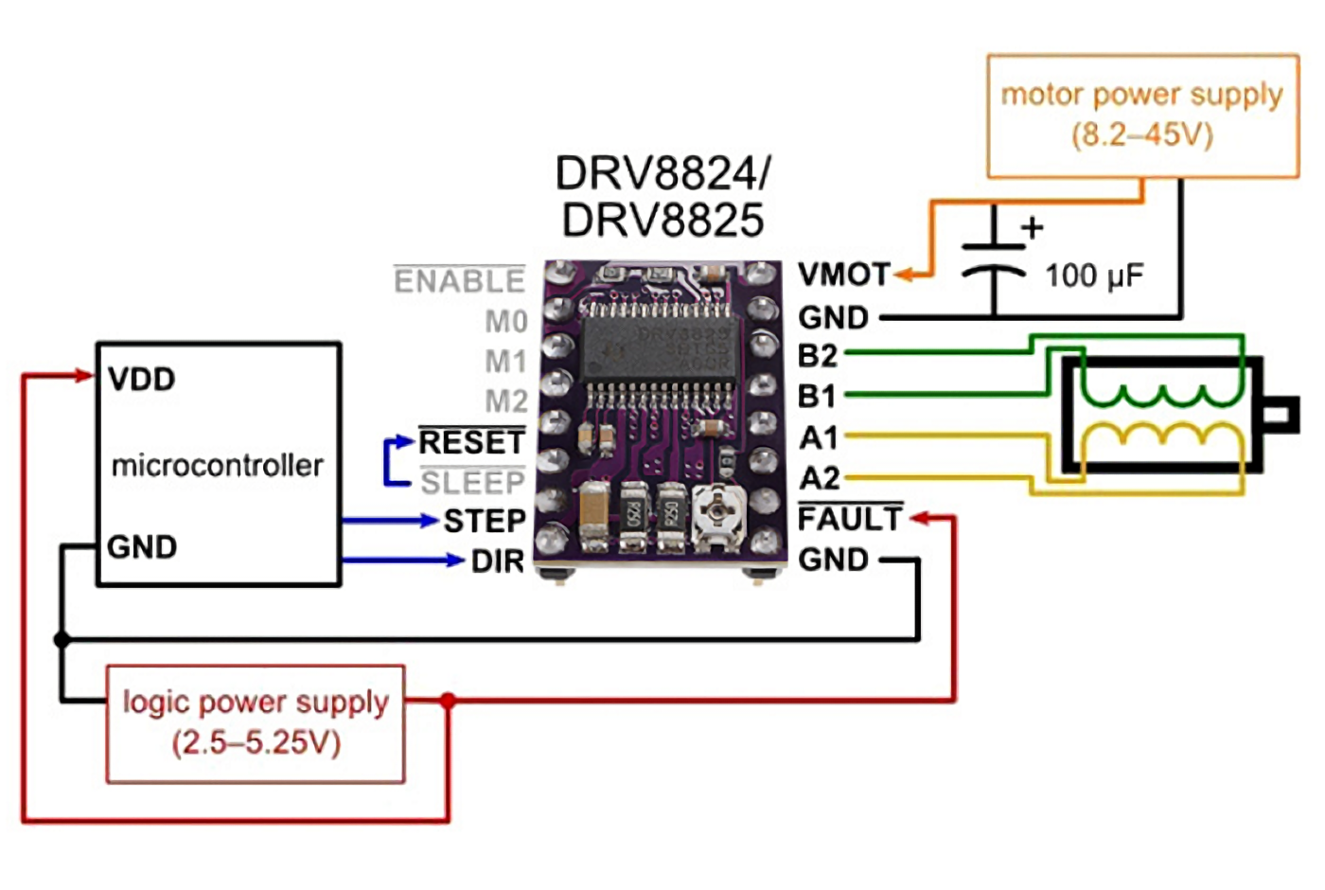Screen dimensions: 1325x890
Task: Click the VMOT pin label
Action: coord(844,275)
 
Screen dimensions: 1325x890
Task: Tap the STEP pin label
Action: coord(485,521)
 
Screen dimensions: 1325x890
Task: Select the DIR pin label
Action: coord(498,561)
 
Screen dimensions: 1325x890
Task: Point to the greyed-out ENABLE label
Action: coord(460,280)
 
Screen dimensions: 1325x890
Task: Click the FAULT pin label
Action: coord(850,519)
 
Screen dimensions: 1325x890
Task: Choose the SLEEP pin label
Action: coord(472,483)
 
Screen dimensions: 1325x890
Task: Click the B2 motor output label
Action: coord(818,356)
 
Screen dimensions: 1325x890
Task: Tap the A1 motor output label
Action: coord(818,437)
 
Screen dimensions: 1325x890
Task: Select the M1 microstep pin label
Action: coord(505,361)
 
